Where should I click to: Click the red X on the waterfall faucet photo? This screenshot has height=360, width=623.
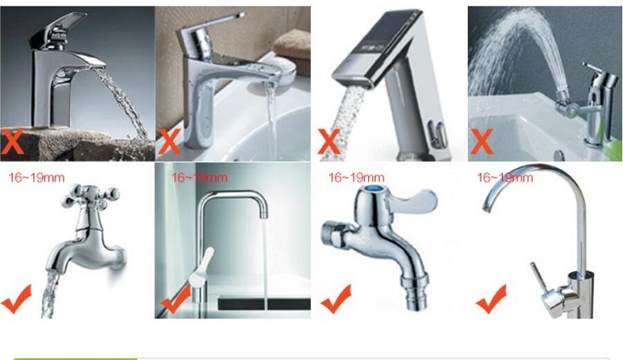click(12, 141)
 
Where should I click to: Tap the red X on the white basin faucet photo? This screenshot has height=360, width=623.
click(170, 141)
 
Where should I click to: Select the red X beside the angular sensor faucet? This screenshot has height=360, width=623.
click(329, 141)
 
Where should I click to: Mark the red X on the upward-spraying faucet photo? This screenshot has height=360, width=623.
click(482, 141)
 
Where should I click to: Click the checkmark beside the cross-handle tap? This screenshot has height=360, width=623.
click(16, 299)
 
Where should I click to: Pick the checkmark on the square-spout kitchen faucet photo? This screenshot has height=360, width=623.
click(175, 299)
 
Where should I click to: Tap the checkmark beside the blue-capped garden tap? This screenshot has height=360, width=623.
click(336, 299)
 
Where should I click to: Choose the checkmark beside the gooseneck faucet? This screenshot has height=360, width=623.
click(492, 299)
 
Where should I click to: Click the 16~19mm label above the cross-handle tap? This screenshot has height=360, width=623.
click(37, 178)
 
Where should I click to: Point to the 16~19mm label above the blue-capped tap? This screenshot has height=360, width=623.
click(356, 178)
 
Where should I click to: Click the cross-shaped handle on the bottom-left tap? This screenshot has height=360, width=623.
click(91, 197)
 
